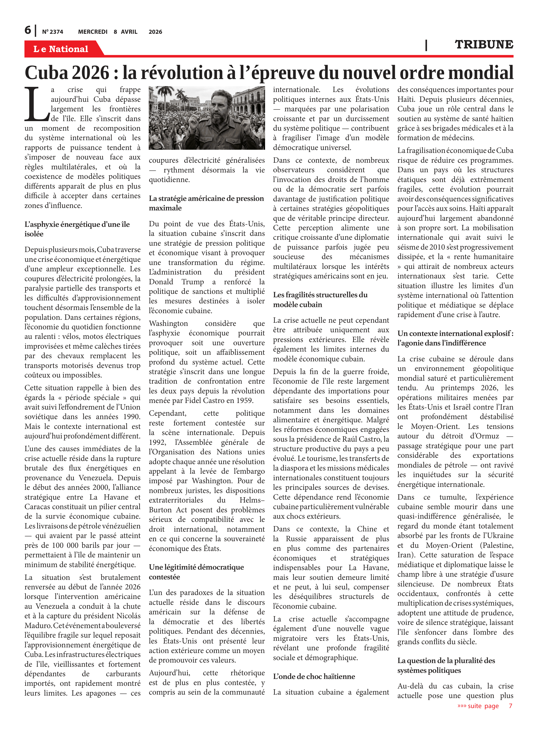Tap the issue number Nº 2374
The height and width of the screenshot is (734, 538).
[52, 32]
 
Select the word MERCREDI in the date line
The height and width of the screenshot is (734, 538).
[92, 32]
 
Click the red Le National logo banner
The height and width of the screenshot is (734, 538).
[61, 49]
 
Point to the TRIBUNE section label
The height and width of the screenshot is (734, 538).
[484, 44]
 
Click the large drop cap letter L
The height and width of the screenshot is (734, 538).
[36, 103]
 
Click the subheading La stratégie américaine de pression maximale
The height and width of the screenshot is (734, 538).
[206, 203]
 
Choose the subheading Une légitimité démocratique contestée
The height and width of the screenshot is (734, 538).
[196, 572]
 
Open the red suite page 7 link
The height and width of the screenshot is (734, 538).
[485, 706]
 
